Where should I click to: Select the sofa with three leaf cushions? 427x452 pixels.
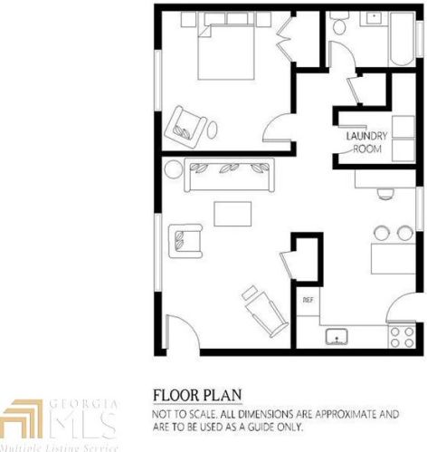[x=231, y=172]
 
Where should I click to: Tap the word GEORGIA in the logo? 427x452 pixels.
[x=88, y=400]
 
